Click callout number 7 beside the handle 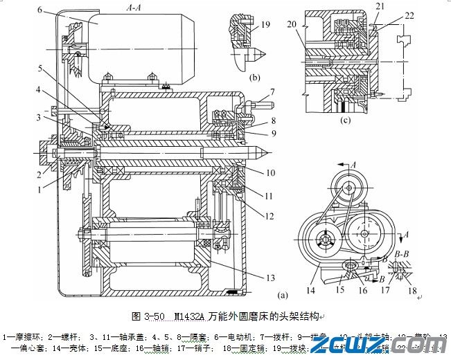[273, 91]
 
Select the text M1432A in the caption [188, 318]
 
